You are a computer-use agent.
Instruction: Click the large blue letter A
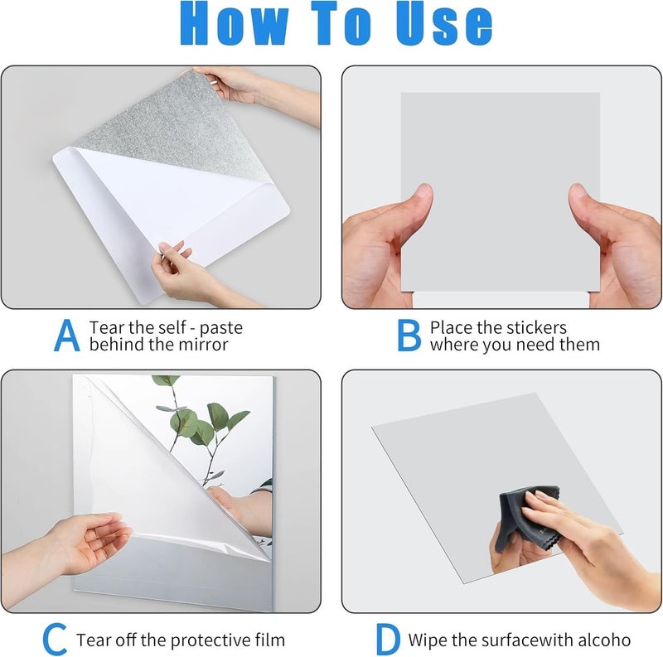click(x=67, y=335)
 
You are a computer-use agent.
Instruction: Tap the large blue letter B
click(x=409, y=335)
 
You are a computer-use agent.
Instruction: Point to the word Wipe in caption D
click(x=428, y=640)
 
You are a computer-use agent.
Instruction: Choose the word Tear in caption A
click(x=106, y=327)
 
